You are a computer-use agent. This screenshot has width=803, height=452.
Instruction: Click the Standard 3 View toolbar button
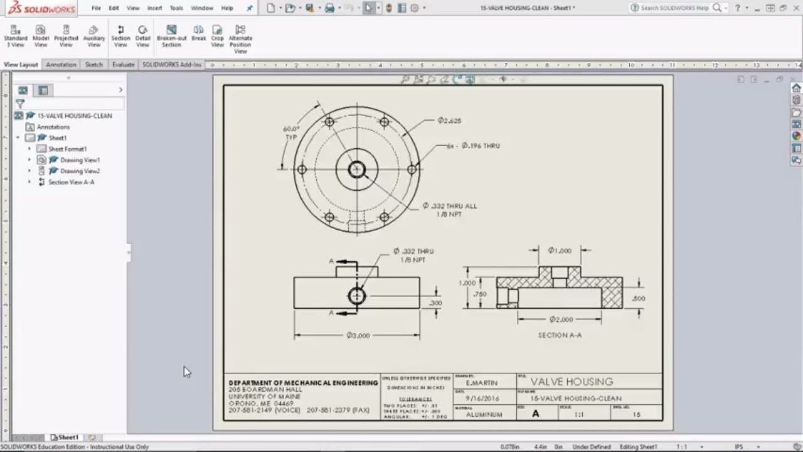pos(16,36)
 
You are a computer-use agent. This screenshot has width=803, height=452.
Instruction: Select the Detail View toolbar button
pos(143,36)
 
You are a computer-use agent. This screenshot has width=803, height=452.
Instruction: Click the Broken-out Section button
pos(171,36)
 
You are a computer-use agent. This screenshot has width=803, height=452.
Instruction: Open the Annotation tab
pos(61,65)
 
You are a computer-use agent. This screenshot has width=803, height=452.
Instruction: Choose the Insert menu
pos(154,8)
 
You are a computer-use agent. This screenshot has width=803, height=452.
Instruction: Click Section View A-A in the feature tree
pos(71,182)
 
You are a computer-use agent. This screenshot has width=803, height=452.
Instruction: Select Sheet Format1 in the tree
pos(67,149)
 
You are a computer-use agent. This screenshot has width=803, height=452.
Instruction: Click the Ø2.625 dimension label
pos(449,121)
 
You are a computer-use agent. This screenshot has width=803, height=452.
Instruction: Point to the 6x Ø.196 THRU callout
pos(473,146)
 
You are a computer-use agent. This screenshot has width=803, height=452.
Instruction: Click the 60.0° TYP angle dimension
pos(291,132)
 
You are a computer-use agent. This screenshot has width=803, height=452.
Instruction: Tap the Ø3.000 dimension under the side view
pos(358,335)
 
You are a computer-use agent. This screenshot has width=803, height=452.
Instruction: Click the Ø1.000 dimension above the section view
pos(560,250)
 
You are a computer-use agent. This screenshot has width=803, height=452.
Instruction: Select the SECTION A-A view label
pos(560,335)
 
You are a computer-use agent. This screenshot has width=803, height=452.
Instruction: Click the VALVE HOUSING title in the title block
pos(572,382)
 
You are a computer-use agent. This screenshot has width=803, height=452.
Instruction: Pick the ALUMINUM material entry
pos(484,415)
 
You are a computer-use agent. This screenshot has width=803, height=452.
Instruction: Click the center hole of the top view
pos(357,169)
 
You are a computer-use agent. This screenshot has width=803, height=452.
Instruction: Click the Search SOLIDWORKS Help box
pos(674,8)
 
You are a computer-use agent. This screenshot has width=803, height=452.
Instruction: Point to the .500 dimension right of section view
pos(638,299)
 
